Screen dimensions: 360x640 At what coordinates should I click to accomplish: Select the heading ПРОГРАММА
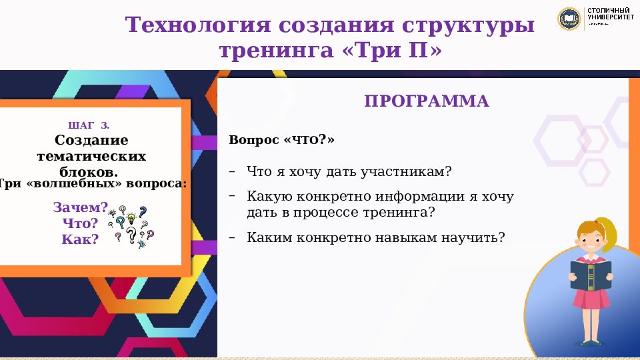coord(427,101)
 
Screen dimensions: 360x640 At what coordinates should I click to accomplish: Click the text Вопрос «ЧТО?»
coord(281,141)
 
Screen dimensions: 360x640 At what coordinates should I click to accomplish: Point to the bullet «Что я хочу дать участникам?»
coord(349,172)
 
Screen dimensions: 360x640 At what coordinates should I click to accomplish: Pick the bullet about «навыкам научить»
coord(376,237)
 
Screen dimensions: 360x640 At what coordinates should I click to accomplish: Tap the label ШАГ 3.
coord(89,126)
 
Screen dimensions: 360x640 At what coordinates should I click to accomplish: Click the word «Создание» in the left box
coord(91,141)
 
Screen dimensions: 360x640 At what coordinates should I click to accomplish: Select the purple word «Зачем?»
coord(80,207)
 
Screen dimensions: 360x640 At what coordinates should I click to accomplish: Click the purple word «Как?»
coord(80,239)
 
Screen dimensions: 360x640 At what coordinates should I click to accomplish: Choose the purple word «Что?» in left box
coord(80,223)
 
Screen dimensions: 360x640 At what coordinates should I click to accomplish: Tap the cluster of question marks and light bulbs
coord(132,225)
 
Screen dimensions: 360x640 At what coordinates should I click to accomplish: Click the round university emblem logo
coord(569,18)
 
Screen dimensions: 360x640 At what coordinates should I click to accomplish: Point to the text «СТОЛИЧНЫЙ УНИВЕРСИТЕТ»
coord(610,15)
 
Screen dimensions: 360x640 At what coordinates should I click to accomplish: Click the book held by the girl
coord(590,274)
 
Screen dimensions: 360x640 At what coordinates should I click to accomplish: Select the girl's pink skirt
coord(591,299)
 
